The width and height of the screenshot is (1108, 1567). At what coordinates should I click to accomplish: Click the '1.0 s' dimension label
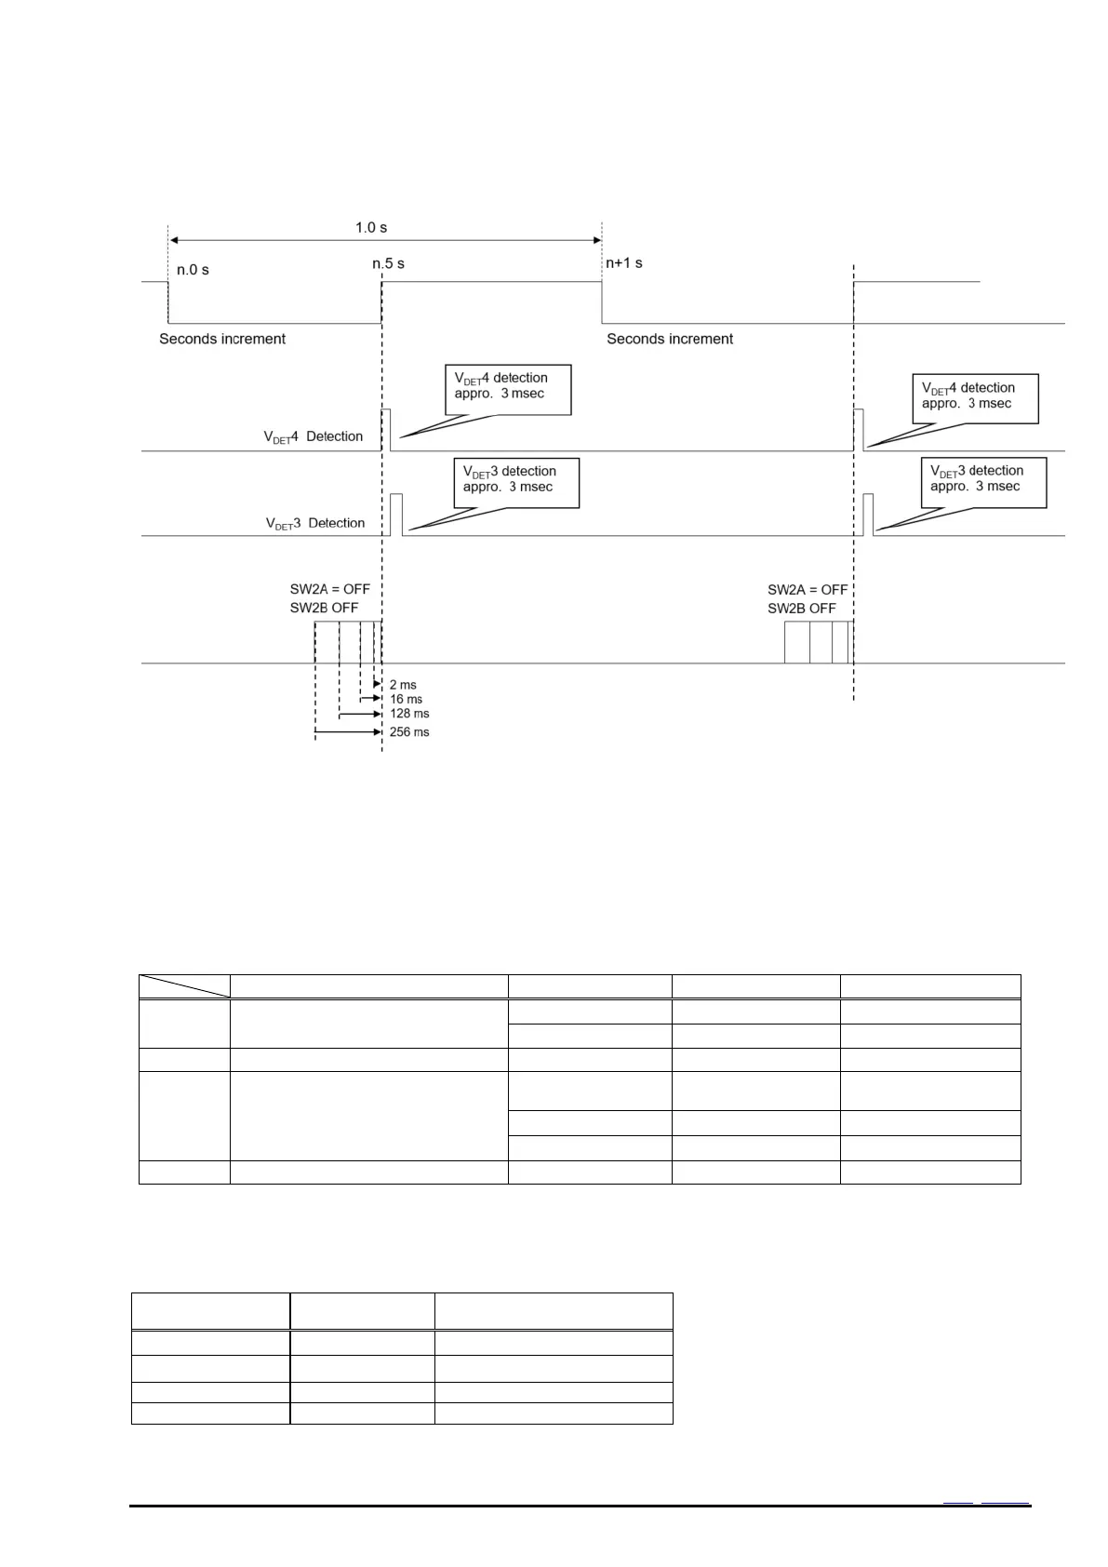point(370,227)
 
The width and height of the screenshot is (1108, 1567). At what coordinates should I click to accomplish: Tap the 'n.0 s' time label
point(193,270)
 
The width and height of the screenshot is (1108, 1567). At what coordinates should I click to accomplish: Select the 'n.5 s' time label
point(388,263)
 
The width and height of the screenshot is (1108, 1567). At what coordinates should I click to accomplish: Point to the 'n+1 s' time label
point(623,263)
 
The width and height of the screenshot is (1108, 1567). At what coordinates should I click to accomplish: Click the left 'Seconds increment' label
point(222,339)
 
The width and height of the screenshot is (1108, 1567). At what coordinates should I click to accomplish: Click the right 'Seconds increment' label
point(670,339)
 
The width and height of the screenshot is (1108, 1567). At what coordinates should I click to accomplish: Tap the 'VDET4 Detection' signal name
point(314,436)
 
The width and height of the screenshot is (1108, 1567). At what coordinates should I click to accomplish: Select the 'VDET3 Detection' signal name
point(315,523)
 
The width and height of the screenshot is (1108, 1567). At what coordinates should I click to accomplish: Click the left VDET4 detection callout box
point(508,389)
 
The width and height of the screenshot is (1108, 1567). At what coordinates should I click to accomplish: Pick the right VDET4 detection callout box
point(975,398)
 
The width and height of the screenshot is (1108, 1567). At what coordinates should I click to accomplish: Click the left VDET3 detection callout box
point(516,482)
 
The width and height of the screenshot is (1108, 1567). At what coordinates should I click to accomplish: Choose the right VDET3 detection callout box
point(983,481)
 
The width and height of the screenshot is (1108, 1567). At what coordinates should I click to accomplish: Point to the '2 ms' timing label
point(403,685)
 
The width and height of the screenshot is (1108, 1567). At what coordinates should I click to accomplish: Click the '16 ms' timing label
point(406,699)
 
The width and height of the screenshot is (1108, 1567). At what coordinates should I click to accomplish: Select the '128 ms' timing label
point(409,714)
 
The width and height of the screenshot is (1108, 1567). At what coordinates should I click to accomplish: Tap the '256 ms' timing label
point(409,732)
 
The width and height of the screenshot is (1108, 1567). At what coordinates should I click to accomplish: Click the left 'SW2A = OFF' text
point(330,589)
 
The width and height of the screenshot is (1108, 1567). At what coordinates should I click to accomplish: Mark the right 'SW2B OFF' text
point(802,609)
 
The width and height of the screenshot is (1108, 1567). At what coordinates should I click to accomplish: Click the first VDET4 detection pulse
point(386,429)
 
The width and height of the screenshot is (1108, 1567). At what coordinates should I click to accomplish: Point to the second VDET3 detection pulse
point(868,514)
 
